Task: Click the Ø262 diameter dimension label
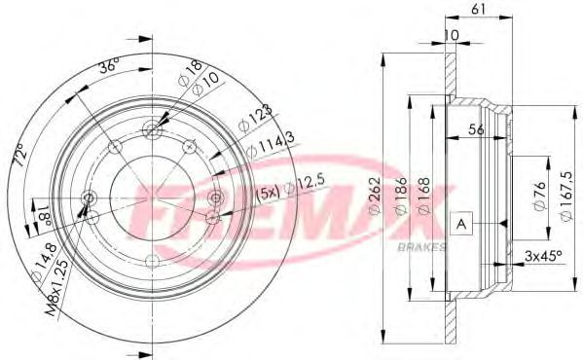coord(375,196)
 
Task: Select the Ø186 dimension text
coord(400,196)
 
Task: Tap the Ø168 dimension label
coord(423,196)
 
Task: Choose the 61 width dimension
coord(478,9)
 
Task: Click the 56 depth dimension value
coord(476,129)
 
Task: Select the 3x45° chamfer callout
coord(543,256)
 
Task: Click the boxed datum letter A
coord(461,224)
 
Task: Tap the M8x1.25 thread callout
coord(56,288)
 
